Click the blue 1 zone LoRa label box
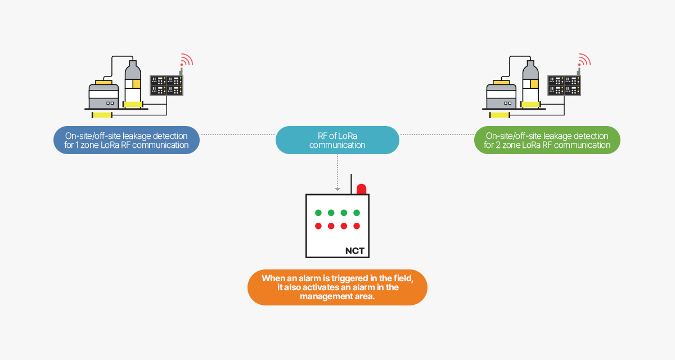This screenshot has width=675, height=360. tap(127, 140)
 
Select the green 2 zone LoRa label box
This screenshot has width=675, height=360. tap(547, 140)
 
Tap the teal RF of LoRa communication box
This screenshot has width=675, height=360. tap(337, 140)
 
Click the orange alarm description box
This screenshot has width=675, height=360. tap(337, 287)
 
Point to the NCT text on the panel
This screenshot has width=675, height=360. tap(354, 251)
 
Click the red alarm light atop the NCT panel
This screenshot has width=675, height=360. tap(361, 189)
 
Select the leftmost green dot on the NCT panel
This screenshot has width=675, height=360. tap(318, 213)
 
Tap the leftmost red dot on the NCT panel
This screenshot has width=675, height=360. tap(318, 226)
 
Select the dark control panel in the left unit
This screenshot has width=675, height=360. tap(167, 85)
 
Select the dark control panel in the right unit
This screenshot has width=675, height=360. tap(564, 85)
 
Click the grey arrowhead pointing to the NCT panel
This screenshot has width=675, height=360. tap(337, 189)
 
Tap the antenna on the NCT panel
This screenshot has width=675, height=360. tap(352, 184)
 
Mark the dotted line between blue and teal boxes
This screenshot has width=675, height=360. tap(238, 134)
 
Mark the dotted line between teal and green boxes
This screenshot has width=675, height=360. tap(436, 134)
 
